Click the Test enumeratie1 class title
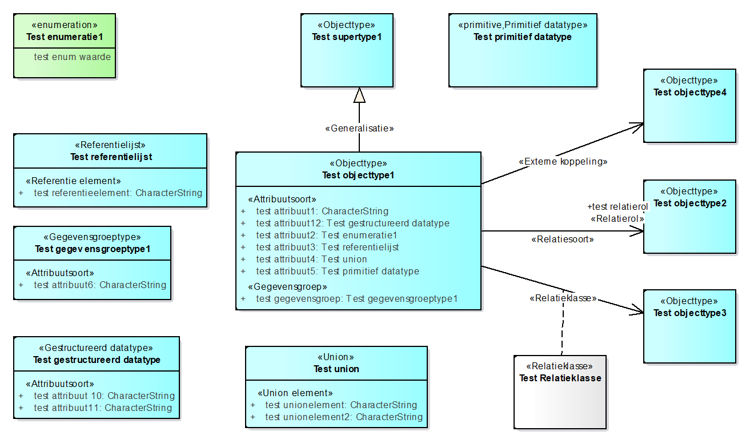coord(65,37)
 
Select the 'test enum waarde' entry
coord(72,57)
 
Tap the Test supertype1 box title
coord(346,37)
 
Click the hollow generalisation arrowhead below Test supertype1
coord(359,95)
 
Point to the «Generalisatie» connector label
coord(359,129)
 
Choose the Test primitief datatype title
coord(523,37)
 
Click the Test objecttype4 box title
coord(689,93)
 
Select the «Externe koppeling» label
coord(563,162)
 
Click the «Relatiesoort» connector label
coord(562,240)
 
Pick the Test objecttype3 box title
coord(689,313)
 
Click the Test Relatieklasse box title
coord(560,378)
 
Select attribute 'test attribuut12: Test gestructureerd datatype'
coord(352,224)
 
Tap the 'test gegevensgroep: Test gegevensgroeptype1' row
coord(356,298)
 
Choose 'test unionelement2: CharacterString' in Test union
coord(344,417)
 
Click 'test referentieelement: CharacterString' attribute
coord(118,193)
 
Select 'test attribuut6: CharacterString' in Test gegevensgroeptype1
coord(100,285)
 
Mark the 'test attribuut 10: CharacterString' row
coord(104,396)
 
